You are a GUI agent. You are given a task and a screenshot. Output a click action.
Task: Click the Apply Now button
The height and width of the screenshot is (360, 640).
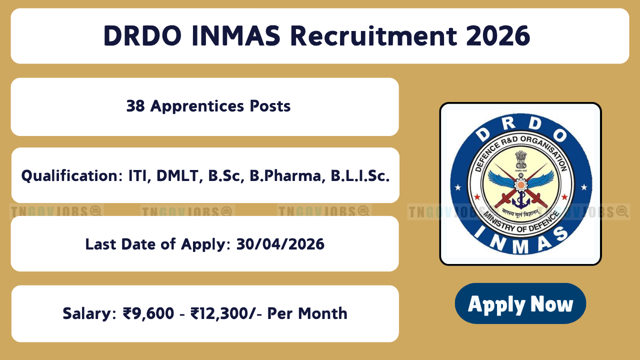click(520, 303)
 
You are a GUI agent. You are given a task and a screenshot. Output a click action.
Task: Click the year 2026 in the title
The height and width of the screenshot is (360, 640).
click(498, 36)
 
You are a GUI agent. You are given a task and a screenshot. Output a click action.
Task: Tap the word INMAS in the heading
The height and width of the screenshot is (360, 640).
click(236, 36)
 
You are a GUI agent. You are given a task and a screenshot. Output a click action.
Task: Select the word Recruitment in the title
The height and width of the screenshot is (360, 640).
click(373, 36)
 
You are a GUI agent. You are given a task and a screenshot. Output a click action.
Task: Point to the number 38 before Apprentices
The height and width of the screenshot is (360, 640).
click(135, 106)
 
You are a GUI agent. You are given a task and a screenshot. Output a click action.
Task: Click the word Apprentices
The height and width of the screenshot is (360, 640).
click(197, 106)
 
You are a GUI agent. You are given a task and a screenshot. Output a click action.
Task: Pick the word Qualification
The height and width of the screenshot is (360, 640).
click(72, 175)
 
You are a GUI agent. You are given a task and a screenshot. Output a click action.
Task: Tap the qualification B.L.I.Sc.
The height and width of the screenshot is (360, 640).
click(360, 175)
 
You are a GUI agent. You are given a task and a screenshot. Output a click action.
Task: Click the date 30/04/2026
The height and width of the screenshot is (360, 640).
click(280, 244)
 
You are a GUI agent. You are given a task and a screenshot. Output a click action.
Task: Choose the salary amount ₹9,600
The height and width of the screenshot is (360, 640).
click(148, 313)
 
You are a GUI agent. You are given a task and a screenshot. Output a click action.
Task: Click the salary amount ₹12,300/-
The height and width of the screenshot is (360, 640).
click(226, 313)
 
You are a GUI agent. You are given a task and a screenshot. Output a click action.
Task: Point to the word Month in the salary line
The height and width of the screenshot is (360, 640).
click(323, 313)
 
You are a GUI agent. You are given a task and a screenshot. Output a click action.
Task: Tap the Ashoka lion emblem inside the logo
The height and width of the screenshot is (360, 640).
click(521, 159)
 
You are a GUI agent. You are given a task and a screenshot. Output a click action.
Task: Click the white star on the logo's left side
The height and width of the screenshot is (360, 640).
click(458, 187)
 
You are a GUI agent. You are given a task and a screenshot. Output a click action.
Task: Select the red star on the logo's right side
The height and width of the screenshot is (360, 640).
click(564, 197)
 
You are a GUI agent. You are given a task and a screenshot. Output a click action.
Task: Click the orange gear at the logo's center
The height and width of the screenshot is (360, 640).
click(520, 185)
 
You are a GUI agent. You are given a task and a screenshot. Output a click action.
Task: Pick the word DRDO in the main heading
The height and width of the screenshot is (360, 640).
click(142, 36)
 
